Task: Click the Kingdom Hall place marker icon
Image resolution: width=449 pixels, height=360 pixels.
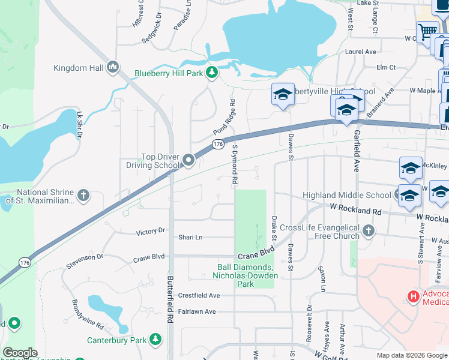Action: point(112,68)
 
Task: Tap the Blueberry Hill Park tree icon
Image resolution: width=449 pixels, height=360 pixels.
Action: point(211,73)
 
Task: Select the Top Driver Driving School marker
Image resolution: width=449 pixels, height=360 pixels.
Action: point(189,160)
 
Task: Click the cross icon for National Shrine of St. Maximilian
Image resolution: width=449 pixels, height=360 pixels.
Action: point(83,195)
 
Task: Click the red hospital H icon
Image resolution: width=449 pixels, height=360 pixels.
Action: point(413,296)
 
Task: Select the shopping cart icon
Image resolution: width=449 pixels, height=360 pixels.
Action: point(427,31)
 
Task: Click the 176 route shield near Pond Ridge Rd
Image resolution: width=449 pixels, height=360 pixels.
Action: point(218,145)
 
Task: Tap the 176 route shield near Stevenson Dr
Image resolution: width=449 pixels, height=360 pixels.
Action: point(25,262)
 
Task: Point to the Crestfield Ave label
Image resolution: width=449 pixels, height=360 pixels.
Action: point(199,296)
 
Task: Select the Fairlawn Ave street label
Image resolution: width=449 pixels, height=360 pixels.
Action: point(197,311)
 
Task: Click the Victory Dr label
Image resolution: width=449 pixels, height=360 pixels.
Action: point(151,231)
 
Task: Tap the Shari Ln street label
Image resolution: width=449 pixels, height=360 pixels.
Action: point(190,237)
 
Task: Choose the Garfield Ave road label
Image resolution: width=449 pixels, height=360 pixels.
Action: point(357,151)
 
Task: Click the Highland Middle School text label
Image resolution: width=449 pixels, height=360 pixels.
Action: point(346,195)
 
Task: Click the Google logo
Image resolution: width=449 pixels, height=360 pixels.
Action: point(20,353)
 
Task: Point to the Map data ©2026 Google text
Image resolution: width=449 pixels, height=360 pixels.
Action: point(411,355)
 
